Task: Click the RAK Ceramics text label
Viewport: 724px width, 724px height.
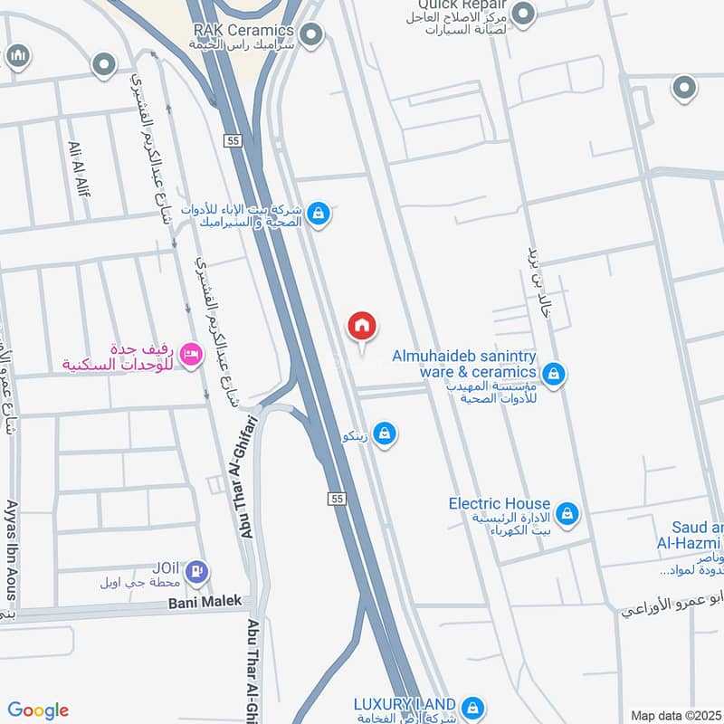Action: pos(243,31)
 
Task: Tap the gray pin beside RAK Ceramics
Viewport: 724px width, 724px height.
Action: pos(312,36)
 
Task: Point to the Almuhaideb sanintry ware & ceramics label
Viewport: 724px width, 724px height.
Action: pos(464,364)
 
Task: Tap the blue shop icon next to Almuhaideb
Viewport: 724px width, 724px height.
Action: pos(553,373)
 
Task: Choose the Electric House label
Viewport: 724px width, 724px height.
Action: pos(500,503)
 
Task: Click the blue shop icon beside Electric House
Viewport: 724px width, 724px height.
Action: pos(567,514)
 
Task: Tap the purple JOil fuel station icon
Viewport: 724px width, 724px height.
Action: pos(196,572)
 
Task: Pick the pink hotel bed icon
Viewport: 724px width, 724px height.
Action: pos(190,353)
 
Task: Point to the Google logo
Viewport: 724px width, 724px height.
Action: pos(38,710)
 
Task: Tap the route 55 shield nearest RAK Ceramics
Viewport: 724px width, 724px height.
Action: pos(233,140)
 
